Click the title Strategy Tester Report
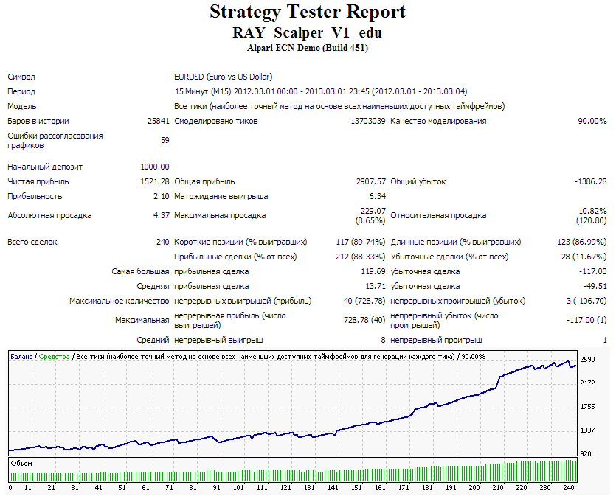pyautogui.click(x=307, y=12)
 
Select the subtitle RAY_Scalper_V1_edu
pyautogui.click(x=307, y=32)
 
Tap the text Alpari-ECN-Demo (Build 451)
pyautogui.click(x=307, y=48)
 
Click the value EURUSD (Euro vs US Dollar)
pyautogui.click(x=223, y=77)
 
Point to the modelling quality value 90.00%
pyautogui.click(x=592, y=121)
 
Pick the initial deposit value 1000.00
pyautogui.click(x=155, y=167)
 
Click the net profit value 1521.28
pyautogui.click(x=155, y=181)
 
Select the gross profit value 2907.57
pyautogui.click(x=371, y=181)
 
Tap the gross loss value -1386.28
pyautogui.click(x=590, y=181)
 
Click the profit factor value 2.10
pyautogui.click(x=161, y=196)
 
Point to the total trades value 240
pyautogui.click(x=162, y=242)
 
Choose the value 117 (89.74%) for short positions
pyautogui.click(x=361, y=242)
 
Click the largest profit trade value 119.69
pyautogui.click(x=373, y=271)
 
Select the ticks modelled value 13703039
pyautogui.click(x=368, y=121)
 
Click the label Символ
pyautogui.click(x=21, y=77)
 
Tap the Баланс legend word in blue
pyautogui.click(x=21, y=357)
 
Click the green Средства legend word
pyautogui.click(x=54, y=357)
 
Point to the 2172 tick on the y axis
pyautogui.click(x=587, y=383)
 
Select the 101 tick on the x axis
pyautogui.click(x=238, y=488)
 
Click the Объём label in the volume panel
pyautogui.click(x=21, y=464)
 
